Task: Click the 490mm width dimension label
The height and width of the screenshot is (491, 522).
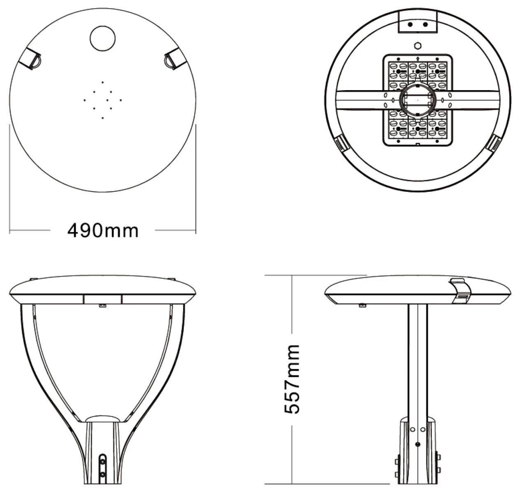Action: click(103, 230)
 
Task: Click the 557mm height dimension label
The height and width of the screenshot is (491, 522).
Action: click(292, 383)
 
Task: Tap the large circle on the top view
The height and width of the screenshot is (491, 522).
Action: click(102, 38)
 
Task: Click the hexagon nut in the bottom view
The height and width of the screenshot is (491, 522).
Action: click(418, 46)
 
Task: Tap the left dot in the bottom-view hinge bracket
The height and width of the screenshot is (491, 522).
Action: click(410, 24)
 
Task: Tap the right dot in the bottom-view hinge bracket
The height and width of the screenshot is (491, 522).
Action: click(425, 24)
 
